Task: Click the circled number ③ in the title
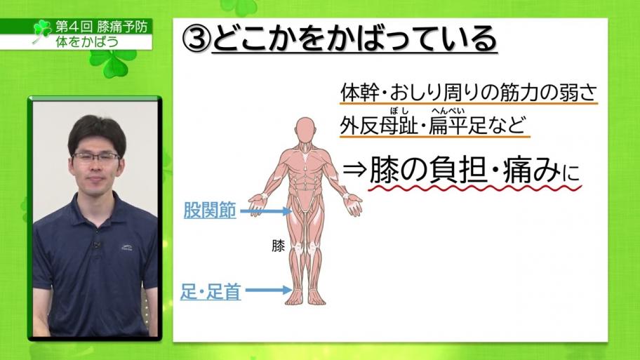196,39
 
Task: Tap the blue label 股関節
210,211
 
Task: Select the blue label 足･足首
211,291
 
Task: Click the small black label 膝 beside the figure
278,246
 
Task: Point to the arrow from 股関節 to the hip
266,211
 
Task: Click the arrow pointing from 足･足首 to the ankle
269,291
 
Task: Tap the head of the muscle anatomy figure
305,129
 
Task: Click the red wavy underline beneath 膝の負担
474,188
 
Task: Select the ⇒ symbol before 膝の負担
354,170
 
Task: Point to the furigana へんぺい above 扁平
448,111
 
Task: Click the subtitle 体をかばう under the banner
87,41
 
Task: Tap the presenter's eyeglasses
96,157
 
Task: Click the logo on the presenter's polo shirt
126,247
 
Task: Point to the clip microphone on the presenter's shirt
97,245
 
